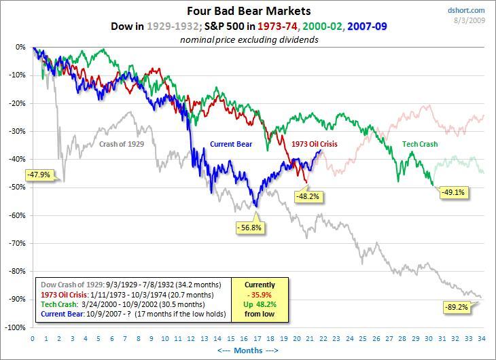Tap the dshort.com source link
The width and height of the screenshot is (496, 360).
(467, 10)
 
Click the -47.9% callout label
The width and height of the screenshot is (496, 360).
(39, 175)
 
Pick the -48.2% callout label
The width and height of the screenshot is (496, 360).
(307, 196)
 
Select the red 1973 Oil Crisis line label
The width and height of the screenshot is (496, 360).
(314, 144)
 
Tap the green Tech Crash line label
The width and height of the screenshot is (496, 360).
(419, 144)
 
